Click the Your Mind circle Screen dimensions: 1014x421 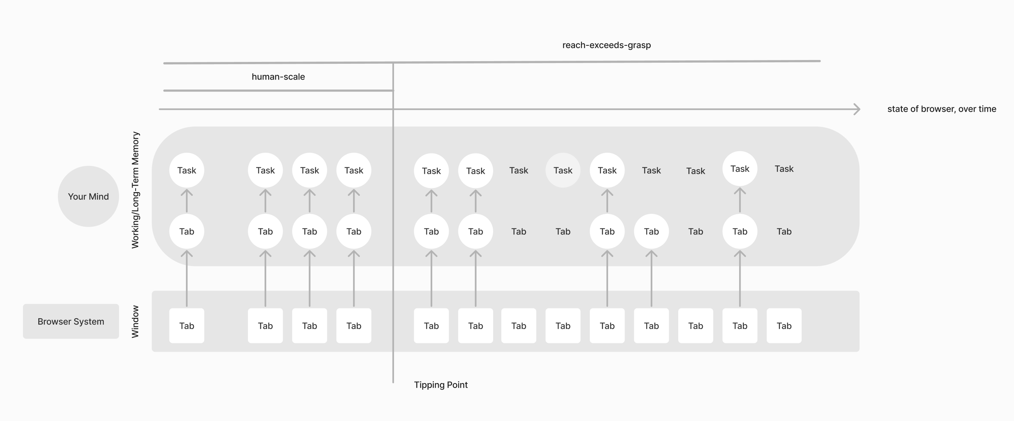pos(88,196)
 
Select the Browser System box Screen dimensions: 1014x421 pos(71,321)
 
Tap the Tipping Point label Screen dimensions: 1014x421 pos(441,385)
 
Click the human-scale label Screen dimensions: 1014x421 pos(278,77)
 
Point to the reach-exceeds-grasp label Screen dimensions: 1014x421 pos(607,45)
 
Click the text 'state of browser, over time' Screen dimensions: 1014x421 pos(942,109)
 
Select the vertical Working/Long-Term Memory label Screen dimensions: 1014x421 pos(135,190)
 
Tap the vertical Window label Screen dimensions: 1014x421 pos(135,322)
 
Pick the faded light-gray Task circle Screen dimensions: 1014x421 pos(563,170)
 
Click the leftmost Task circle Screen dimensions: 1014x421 pos(187,170)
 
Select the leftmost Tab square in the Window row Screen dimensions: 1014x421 pos(187,326)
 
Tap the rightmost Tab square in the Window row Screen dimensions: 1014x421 pos(784,326)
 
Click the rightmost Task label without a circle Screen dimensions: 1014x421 pos(784,169)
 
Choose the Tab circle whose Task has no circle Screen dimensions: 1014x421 pos(652,232)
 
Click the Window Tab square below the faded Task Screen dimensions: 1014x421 pos(563,326)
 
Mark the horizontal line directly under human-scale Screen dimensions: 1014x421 pos(278,90)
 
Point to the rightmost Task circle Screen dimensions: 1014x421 pos(740,169)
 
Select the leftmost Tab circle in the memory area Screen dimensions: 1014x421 pos(187,232)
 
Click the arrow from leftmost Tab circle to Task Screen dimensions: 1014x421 pos(187,201)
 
